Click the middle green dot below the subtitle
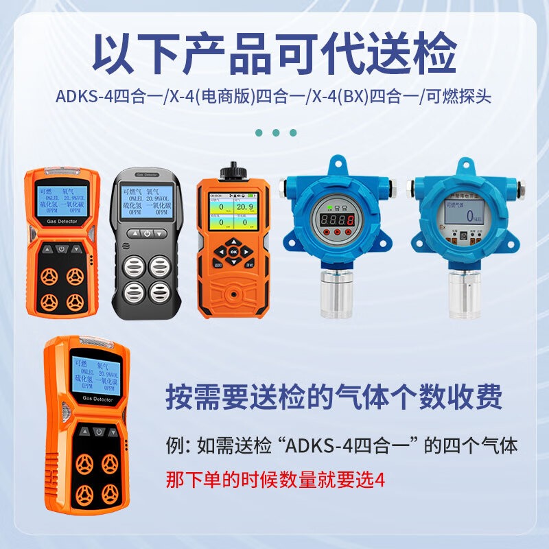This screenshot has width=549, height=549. (x=275, y=132)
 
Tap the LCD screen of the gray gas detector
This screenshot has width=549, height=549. (x=146, y=203)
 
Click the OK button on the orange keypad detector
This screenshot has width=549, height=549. (x=233, y=252)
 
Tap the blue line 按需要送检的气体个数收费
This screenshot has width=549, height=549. (x=335, y=397)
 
